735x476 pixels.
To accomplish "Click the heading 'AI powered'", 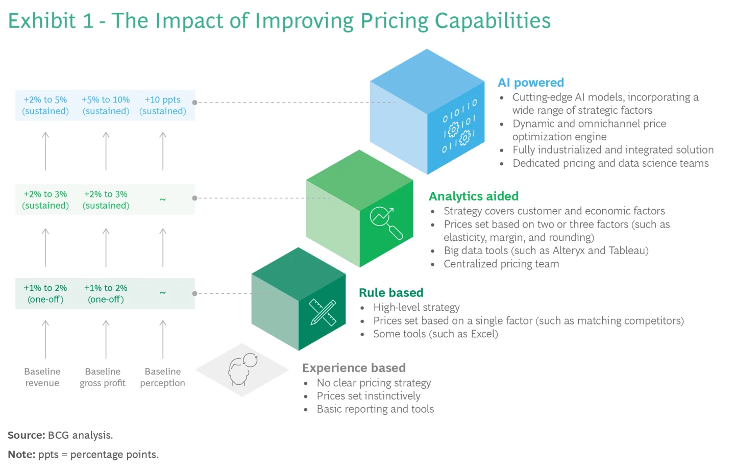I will [531, 83].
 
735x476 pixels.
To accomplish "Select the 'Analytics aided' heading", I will [473, 196].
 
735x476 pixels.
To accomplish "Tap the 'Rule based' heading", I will [391, 293].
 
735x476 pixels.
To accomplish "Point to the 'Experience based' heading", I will [354, 368].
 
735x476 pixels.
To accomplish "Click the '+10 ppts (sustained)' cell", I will [162, 106].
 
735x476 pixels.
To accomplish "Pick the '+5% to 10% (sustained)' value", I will [106, 106].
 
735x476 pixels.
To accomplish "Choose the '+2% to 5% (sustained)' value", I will [45, 106].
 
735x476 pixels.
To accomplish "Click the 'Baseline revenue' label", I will [42, 378].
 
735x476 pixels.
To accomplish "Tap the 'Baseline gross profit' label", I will [103, 378].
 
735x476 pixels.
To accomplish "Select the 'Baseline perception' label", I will [162, 378].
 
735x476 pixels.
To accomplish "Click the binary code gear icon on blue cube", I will [459, 127].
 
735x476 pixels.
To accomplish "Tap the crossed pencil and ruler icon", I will [323, 312].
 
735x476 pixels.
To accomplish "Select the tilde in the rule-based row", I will [162, 293].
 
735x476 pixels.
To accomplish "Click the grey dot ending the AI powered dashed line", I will [194, 103].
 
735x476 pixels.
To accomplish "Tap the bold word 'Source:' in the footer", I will [27, 435].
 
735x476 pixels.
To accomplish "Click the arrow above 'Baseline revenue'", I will [45, 339].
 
